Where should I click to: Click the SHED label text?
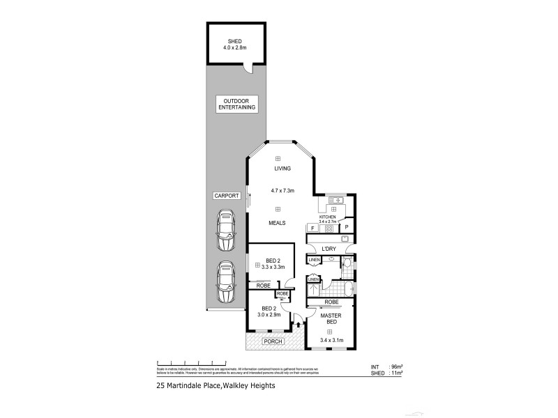(x=234, y=41)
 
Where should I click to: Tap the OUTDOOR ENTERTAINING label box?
(x=236, y=104)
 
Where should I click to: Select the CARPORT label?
(x=227, y=197)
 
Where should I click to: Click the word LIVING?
(x=282, y=169)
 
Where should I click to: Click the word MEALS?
(x=282, y=224)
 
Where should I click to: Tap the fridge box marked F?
(x=312, y=228)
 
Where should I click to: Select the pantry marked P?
(x=346, y=227)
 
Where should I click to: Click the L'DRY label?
(x=329, y=249)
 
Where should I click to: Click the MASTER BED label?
(x=330, y=318)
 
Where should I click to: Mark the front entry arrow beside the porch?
(x=299, y=323)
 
